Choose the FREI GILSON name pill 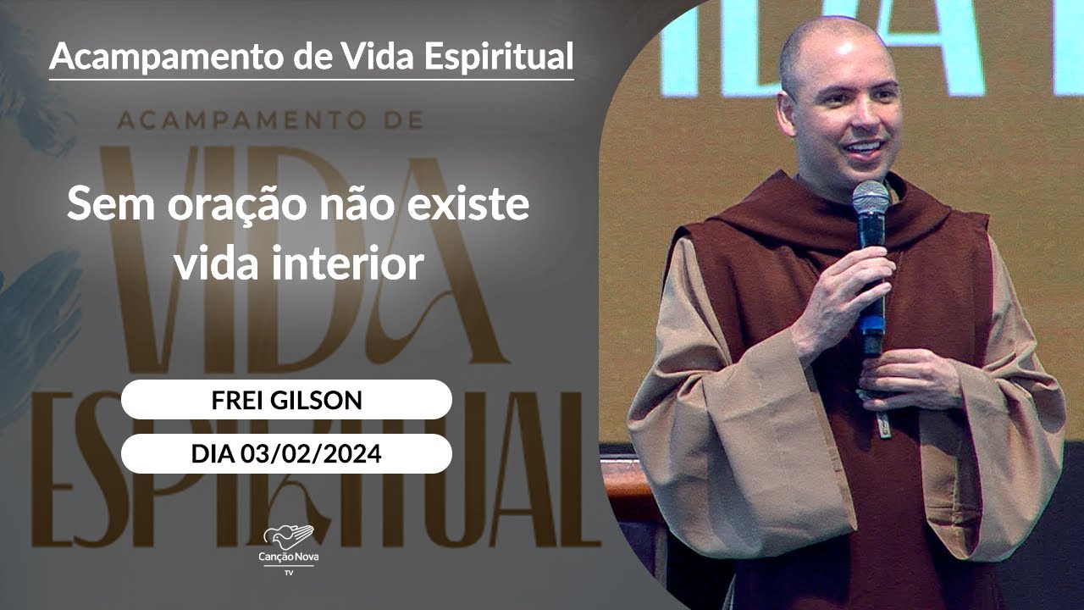click(x=286, y=400)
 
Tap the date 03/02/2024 click(x=310, y=454)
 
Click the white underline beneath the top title click(x=312, y=80)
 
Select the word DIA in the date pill click(x=213, y=454)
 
